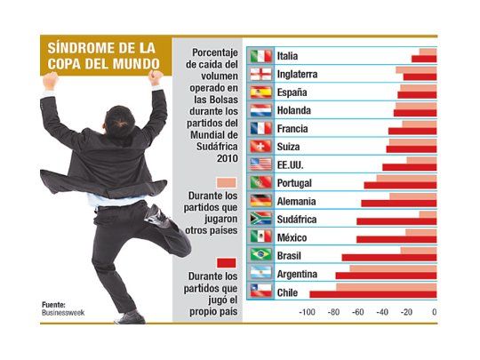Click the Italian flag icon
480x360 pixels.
pyautogui.click(x=260, y=56)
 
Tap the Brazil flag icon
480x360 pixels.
pyautogui.click(x=260, y=254)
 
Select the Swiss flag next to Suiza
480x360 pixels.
pyautogui.click(x=260, y=146)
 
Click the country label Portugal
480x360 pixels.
pyautogui.click(x=296, y=182)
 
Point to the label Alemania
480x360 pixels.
pyautogui.click(x=296, y=201)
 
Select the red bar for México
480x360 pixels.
pyautogui.click(x=396, y=239)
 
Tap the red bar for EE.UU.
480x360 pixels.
pyautogui.click(x=410, y=167)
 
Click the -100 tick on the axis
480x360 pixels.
pyautogui.click(x=308, y=312)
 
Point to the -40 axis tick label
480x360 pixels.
pyautogui.click(x=384, y=312)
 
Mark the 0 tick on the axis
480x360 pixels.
pyautogui.click(x=435, y=312)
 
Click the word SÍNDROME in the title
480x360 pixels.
pyautogui.click(x=78, y=47)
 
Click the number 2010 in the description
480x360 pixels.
pyautogui.click(x=227, y=157)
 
